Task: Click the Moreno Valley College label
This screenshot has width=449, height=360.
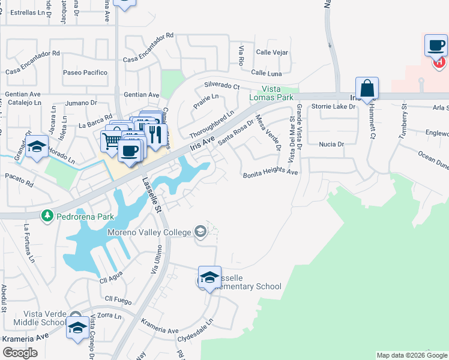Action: pyautogui.click(x=149, y=232)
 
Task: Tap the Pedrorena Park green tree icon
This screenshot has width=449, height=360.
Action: pyautogui.click(x=46, y=215)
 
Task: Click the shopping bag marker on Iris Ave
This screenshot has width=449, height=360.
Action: pyautogui.click(x=367, y=89)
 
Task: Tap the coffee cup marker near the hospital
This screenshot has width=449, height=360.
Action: pyautogui.click(x=436, y=46)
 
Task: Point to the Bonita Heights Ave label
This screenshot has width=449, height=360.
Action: pyautogui.click(x=270, y=173)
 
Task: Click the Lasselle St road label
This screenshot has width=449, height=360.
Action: pyautogui.click(x=152, y=196)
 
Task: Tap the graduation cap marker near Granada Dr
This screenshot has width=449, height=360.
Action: pyautogui.click(x=37, y=147)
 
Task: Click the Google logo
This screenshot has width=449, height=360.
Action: pyautogui.click(x=20, y=353)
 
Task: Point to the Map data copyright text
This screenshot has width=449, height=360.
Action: pyautogui.click(x=411, y=355)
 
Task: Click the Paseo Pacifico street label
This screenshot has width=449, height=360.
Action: pyautogui.click(x=85, y=73)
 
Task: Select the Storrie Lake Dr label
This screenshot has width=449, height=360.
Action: pyautogui.click(x=334, y=107)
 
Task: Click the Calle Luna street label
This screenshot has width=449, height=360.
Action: pyautogui.click(x=267, y=73)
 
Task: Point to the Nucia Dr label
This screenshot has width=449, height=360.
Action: pyautogui.click(x=331, y=144)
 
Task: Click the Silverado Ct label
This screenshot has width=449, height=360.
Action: pyautogui.click(x=221, y=86)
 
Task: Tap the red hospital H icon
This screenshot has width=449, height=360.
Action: pyautogui.click(x=439, y=61)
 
